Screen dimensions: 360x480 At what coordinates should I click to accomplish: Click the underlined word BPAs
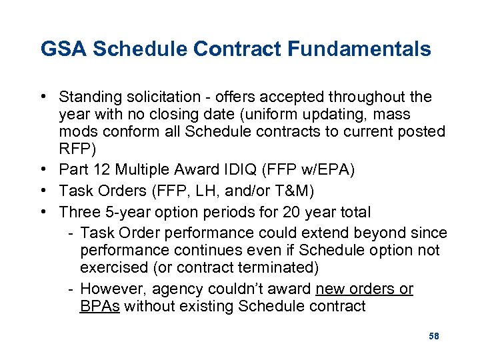99,307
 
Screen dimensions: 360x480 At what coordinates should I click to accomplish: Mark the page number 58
433,336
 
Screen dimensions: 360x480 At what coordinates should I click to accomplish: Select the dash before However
71,289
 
